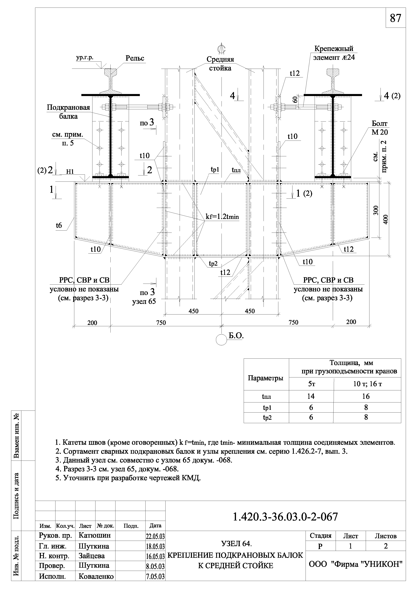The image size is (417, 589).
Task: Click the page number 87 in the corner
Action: (x=395, y=18)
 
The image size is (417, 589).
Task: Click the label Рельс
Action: (x=135, y=58)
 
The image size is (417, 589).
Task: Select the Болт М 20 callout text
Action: (x=380, y=128)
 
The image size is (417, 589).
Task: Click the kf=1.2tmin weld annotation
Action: (x=222, y=217)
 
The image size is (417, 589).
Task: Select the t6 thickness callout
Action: (x=59, y=225)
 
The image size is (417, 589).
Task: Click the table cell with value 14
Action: (x=311, y=396)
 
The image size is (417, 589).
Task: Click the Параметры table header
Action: (x=266, y=378)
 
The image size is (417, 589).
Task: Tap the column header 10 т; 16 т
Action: (x=367, y=384)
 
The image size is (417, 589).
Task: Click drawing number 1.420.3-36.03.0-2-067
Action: (x=285, y=517)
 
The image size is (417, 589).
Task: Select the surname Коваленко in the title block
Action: (x=96, y=576)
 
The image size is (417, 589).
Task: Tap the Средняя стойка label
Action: (x=220, y=64)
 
